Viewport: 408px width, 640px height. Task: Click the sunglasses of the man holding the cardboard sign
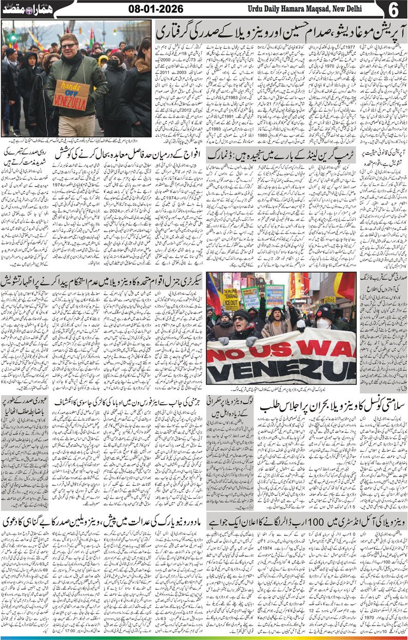69,46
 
